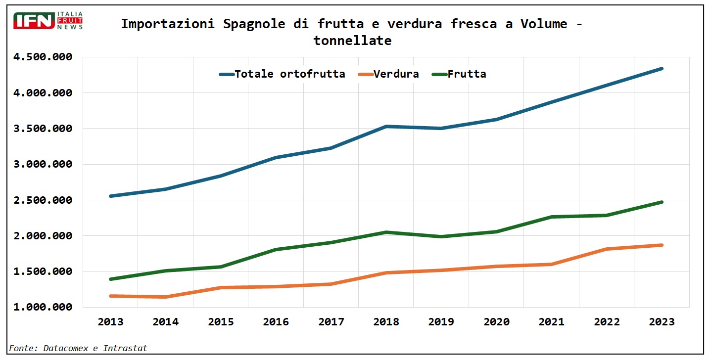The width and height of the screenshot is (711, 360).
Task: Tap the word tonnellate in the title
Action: tap(352, 41)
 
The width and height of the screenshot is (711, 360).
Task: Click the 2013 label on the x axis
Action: tap(111, 322)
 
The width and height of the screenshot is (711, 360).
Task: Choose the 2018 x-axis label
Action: tap(386, 322)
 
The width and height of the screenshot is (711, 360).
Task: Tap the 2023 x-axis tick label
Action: tap(662, 322)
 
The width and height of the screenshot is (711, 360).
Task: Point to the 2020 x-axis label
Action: tap(496, 322)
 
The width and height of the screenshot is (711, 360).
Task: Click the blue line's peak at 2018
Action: tap(386, 127)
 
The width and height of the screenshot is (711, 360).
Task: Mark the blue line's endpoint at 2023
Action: tap(662, 69)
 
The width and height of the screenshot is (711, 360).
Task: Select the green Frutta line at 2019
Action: tap(441, 236)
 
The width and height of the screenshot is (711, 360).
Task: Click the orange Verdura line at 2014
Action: tap(166, 297)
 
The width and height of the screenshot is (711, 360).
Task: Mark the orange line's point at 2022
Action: tap(607, 249)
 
